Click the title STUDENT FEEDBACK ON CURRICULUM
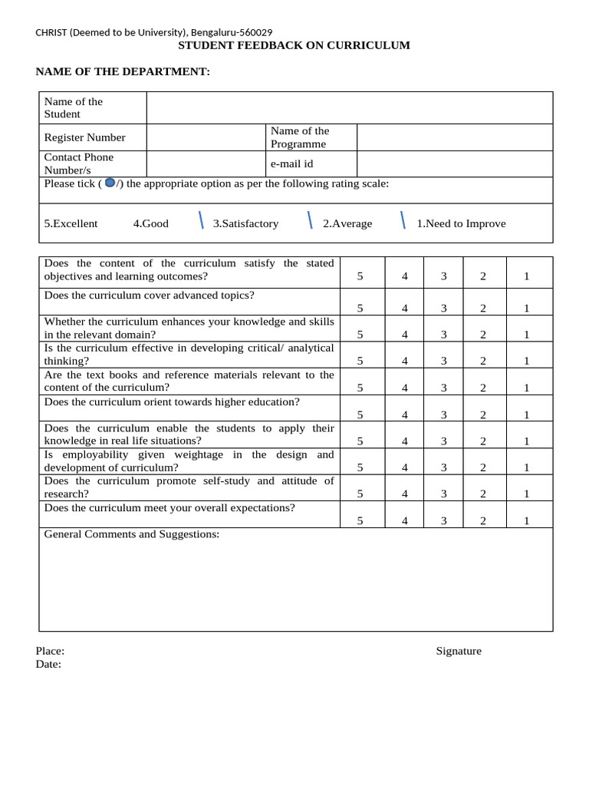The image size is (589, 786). tap(294, 45)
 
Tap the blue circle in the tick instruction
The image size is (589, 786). tap(110, 183)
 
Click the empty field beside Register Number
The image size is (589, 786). tap(206, 137)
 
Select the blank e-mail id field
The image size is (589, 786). tap(454, 163)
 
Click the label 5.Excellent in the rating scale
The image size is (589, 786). tap(71, 223)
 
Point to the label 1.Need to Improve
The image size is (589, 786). tap(461, 223)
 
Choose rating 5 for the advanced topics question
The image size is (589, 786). tap(360, 308)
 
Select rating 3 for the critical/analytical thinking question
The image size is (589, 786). tap(443, 361)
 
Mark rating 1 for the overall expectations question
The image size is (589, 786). tap(526, 520)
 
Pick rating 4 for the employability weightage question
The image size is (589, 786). tap(405, 467)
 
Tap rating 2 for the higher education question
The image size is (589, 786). tap(483, 414)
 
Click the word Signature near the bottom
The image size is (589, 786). tap(459, 651)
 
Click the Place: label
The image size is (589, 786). tap(50, 651)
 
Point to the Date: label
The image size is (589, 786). tap(48, 664)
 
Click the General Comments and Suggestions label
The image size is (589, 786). tap(132, 533)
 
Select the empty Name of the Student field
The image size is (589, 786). tap(349, 107)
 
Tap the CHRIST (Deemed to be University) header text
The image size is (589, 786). tap(153, 31)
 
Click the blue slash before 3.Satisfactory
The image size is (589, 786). tap(201, 220)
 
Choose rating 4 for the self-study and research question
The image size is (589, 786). tap(405, 494)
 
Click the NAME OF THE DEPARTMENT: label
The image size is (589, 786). tap(123, 71)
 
